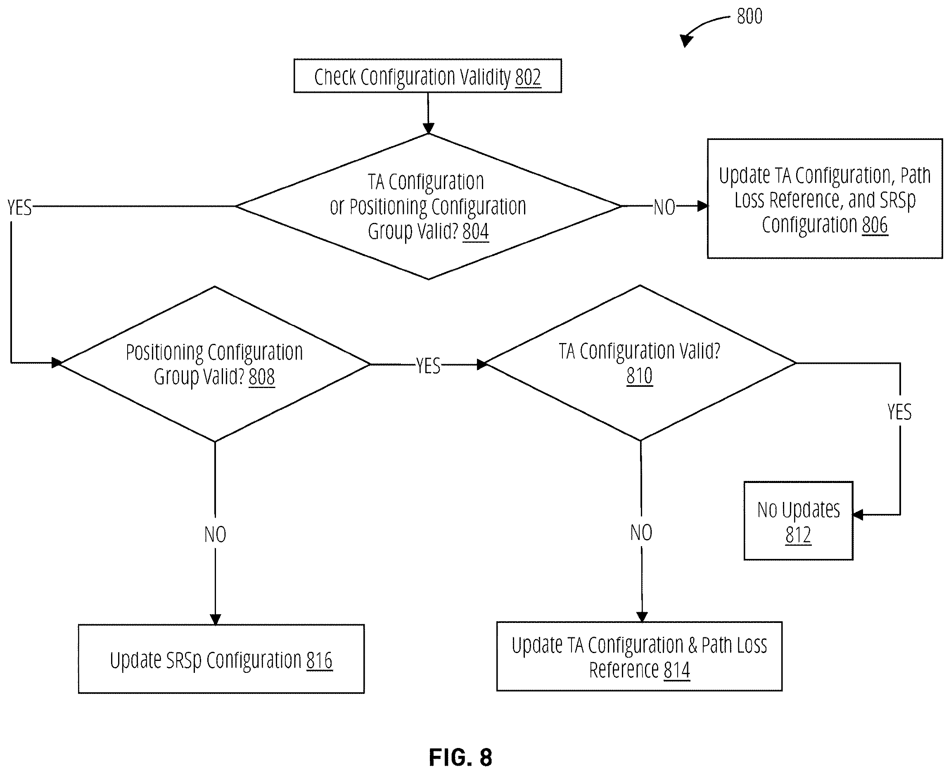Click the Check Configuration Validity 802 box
[x=427, y=76]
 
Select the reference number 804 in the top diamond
[x=476, y=232]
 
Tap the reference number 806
[x=875, y=225]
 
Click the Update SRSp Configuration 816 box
[x=221, y=658]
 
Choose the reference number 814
[x=677, y=670]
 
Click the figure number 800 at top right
[x=749, y=17]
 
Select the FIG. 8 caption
[x=460, y=757]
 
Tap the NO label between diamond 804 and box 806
[x=664, y=207]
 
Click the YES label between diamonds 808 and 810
[x=428, y=366]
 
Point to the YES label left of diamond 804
[x=20, y=208]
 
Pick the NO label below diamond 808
[x=215, y=534]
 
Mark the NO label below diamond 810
[x=641, y=533]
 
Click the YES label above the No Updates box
[x=899, y=412]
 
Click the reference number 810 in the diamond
[x=640, y=376]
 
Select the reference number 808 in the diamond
[x=261, y=377]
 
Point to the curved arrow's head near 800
[x=686, y=40]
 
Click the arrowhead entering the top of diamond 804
[x=428, y=128]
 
